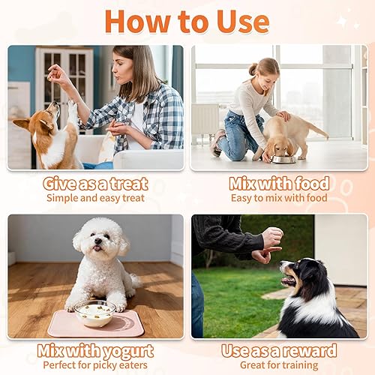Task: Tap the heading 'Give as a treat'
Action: tap(95, 183)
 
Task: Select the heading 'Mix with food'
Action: tap(279, 183)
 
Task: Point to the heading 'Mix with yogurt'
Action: tap(95, 350)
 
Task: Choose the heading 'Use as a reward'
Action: tap(279, 350)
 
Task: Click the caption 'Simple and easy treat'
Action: tap(95, 198)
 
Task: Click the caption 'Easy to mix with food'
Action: tap(279, 198)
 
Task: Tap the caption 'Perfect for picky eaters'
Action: tap(95, 365)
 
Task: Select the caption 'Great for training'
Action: tap(279, 365)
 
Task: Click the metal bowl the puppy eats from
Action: tap(283, 158)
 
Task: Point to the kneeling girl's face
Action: tap(265, 75)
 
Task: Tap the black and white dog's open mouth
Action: tap(289, 280)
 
